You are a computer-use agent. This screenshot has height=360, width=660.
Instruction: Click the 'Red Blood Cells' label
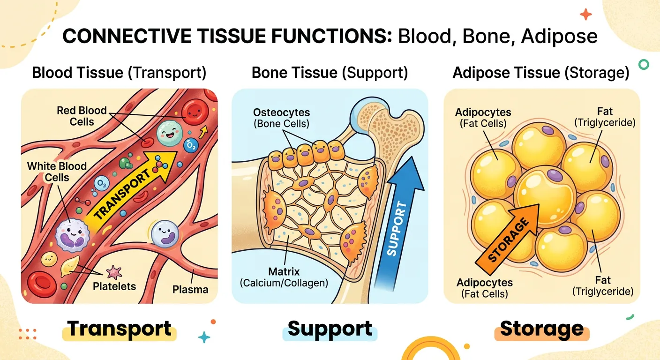click(82, 116)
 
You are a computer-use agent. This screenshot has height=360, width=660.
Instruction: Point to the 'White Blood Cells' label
click(57, 172)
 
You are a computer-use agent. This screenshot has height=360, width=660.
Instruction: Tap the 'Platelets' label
click(113, 286)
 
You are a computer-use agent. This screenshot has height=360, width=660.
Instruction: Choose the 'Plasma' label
click(190, 289)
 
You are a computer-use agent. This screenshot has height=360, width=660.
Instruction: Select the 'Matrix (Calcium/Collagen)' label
click(284, 277)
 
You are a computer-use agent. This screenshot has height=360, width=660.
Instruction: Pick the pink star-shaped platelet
click(114, 271)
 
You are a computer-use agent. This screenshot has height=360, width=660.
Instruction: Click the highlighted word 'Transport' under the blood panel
click(119, 329)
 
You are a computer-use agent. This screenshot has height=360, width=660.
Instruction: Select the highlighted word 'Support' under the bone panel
click(330, 329)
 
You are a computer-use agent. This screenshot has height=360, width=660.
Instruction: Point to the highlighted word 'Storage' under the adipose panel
click(542, 329)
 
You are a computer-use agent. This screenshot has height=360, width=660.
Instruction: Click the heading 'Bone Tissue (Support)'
click(330, 73)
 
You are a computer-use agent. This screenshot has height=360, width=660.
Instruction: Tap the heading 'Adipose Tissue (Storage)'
click(541, 73)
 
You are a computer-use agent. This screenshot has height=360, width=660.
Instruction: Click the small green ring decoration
click(644, 65)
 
